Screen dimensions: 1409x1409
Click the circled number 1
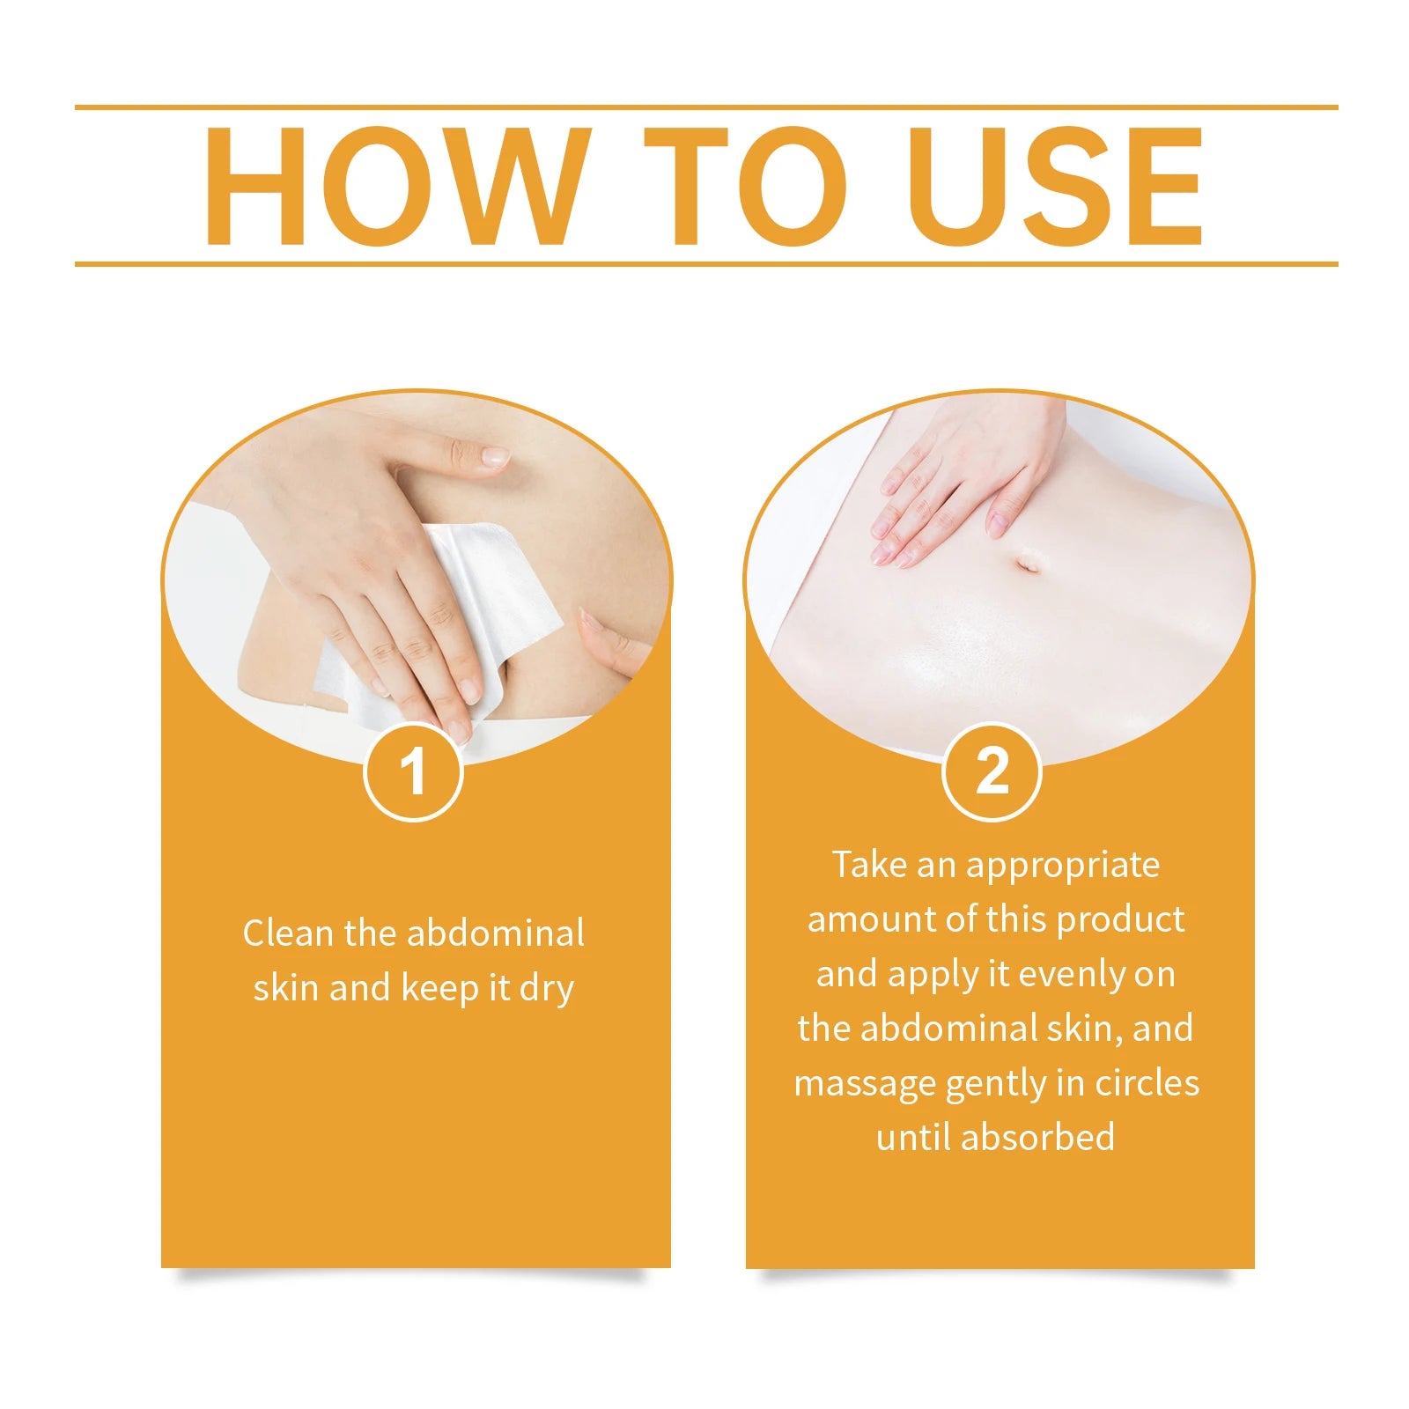pos(413,772)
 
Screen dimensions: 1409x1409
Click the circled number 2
pos(992,772)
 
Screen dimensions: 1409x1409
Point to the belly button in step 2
pos(1027,562)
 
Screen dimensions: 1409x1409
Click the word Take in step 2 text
pos(869,865)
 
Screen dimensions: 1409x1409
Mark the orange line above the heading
pos(704,107)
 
